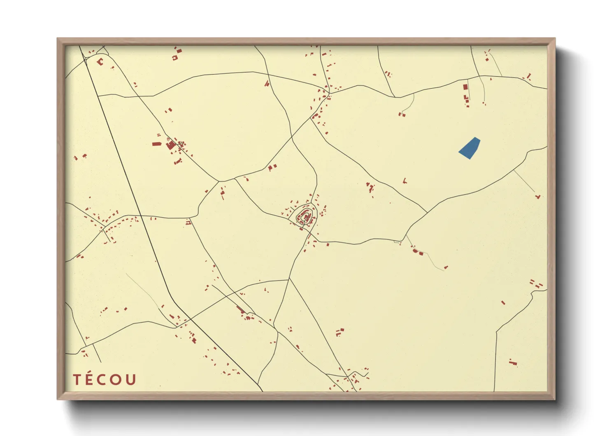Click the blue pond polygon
470,148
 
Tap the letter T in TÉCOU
77,380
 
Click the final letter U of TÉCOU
131,380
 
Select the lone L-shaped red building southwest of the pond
405,180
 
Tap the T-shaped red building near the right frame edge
537,197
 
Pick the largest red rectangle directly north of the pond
465,87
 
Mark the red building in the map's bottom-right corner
512,362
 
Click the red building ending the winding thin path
446,267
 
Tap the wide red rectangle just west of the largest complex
156,144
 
